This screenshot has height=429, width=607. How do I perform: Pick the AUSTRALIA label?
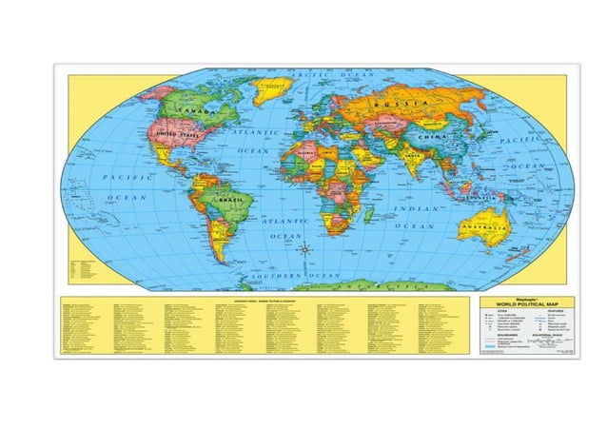pyautogui.click(x=484, y=229)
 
